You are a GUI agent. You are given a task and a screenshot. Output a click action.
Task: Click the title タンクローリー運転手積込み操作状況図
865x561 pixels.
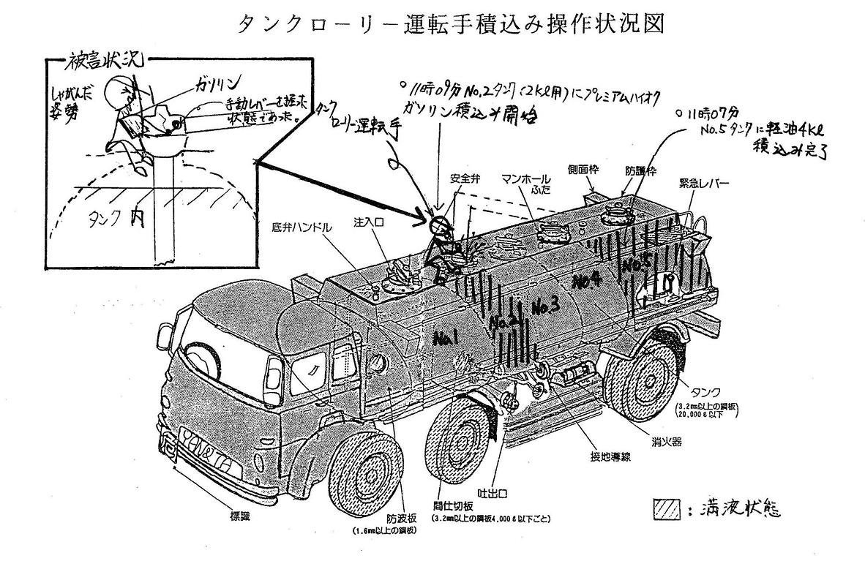point(451,24)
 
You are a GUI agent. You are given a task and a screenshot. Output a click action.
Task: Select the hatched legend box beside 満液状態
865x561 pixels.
point(661,508)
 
